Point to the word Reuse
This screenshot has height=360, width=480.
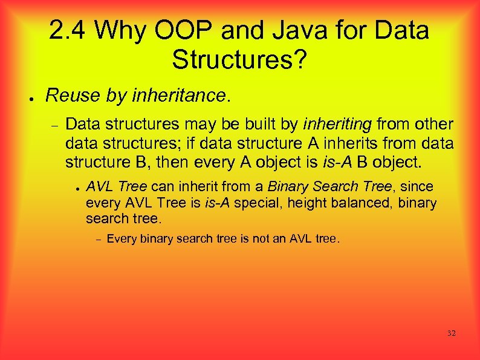(x=66, y=96)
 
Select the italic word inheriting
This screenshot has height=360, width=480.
(x=337, y=125)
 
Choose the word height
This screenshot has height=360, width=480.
(x=305, y=203)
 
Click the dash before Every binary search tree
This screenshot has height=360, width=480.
(x=97, y=239)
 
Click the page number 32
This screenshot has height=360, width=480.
(x=451, y=333)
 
